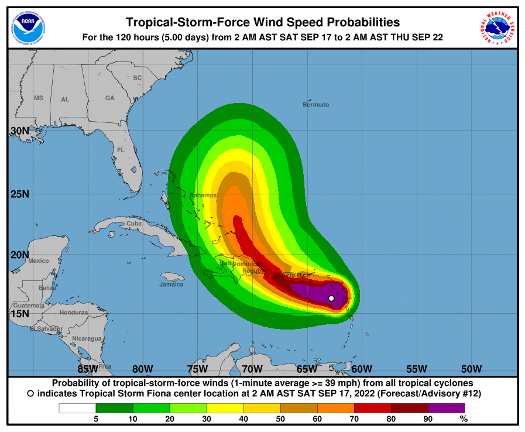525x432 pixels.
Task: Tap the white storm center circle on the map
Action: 331,299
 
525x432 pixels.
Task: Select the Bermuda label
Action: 316,105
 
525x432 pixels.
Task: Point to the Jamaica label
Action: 171,284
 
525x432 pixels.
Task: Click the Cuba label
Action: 134,223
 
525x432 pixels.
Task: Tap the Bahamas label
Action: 203,195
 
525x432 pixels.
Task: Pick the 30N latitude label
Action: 19,131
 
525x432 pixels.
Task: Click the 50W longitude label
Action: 471,369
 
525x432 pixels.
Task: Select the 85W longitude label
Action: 88,369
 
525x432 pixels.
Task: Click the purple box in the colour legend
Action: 446,408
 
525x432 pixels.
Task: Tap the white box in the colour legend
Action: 77,408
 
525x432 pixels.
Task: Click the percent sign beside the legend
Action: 464,419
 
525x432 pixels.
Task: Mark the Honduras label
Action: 73,312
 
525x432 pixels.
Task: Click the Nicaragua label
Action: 86,338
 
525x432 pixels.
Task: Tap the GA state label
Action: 109,98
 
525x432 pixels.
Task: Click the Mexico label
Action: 39,260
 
